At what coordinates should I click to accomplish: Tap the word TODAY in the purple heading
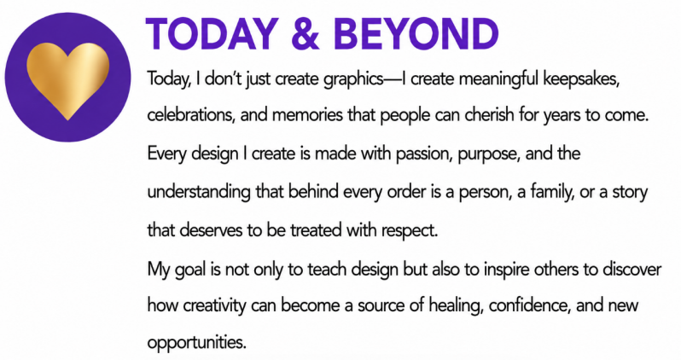(x=212, y=34)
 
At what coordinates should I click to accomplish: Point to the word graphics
(x=353, y=79)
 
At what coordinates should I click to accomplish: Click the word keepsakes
(x=581, y=79)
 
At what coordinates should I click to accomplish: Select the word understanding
(x=199, y=193)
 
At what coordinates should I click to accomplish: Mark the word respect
(x=410, y=231)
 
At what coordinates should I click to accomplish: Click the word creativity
(x=214, y=306)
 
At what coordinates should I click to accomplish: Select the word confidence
(x=529, y=305)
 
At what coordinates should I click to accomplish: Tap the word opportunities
(x=197, y=343)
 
